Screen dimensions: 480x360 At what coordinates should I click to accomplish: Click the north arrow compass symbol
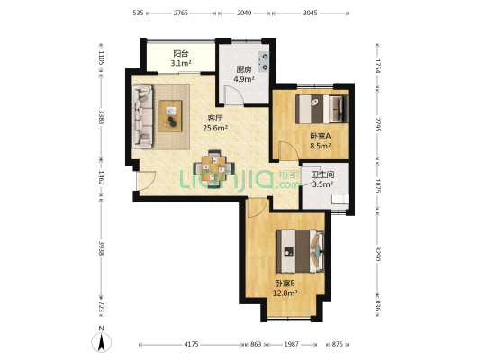tap(102, 342)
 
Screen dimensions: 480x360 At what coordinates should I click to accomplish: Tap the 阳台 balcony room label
tap(181, 54)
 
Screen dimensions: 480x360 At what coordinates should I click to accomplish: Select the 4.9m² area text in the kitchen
tap(244, 79)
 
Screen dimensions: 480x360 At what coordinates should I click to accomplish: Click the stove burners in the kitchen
tap(263, 61)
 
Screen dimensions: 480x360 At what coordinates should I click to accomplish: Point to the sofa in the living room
tap(142, 117)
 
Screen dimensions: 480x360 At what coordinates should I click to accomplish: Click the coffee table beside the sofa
tap(170, 116)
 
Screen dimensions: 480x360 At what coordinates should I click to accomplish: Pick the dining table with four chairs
tap(214, 168)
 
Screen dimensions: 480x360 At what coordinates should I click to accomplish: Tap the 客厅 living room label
tap(215, 118)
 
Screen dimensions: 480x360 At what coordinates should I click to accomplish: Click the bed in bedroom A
tap(322, 109)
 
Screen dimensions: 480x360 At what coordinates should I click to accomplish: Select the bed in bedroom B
tap(300, 251)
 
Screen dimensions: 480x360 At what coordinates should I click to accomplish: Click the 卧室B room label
tap(285, 283)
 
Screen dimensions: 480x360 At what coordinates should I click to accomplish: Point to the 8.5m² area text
tap(321, 146)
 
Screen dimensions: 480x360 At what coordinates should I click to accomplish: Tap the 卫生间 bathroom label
tap(322, 175)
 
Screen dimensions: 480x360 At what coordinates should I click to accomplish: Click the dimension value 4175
tap(191, 344)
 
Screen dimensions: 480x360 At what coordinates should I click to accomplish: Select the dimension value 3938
tap(102, 248)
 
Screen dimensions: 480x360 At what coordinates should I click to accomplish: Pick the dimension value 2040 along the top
tap(244, 13)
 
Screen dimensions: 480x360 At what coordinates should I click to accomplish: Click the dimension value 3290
tap(377, 254)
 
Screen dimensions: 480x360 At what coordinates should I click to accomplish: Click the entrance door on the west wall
tap(146, 182)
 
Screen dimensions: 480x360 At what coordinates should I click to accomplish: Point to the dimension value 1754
tap(377, 66)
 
